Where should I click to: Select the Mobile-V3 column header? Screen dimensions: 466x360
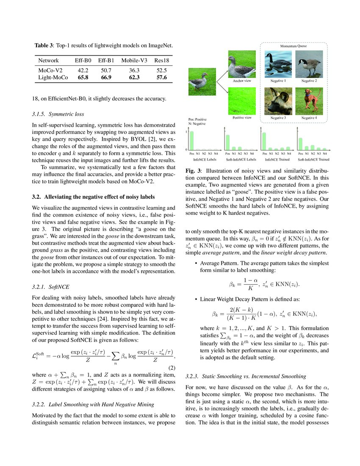tap(134, 61)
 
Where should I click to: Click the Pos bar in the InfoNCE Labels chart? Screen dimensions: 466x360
tap(192, 140)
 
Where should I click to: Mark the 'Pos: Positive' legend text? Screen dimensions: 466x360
tap(197, 120)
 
